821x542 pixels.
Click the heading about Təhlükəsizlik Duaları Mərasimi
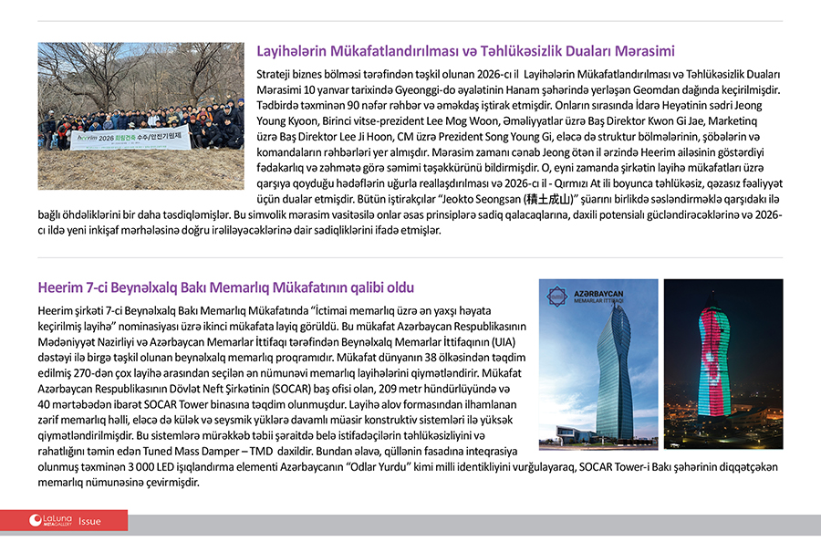[x=465, y=51]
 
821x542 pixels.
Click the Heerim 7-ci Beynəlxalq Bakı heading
[x=226, y=287]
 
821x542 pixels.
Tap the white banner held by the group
[x=130, y=139]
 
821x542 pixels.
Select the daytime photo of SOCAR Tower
[x=598, y=364]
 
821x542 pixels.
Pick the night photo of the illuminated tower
[x=722, y=364]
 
